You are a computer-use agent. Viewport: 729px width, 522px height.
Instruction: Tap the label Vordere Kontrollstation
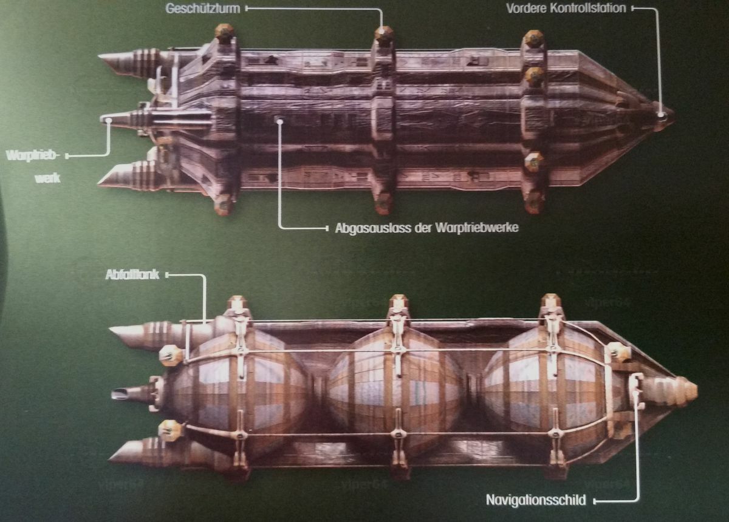567,9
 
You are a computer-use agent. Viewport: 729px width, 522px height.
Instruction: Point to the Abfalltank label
132,275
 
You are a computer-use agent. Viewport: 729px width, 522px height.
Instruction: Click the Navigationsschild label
536,501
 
